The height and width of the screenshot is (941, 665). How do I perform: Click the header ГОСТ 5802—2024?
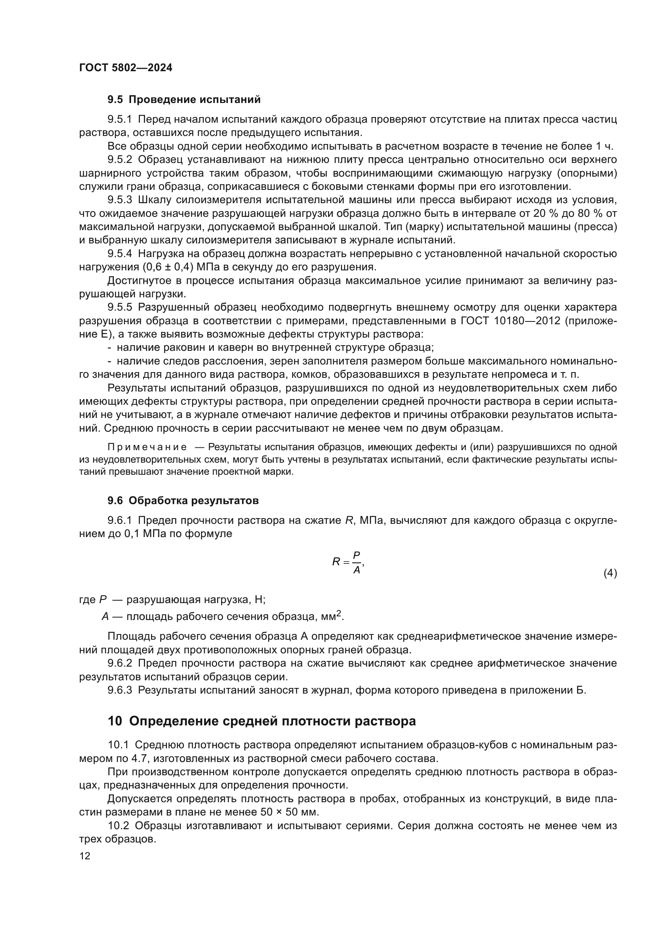pyautogui.click(x=126, y=68)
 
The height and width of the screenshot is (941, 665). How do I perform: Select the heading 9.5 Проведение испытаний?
pyautogui.click(x=184, y=100)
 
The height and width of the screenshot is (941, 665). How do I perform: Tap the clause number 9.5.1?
pyautogui.click(x=119, y=119)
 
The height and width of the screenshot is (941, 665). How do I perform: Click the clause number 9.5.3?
pyautogui.click(x=119, y=200)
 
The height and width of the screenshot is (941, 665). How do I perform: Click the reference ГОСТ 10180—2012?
pyautogui.click(x=510, y=321)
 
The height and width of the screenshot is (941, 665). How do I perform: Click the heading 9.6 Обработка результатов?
pyautogui.click(x=183, y=500)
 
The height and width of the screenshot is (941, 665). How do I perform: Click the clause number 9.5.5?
pyautogui.click(x=119, y=307)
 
